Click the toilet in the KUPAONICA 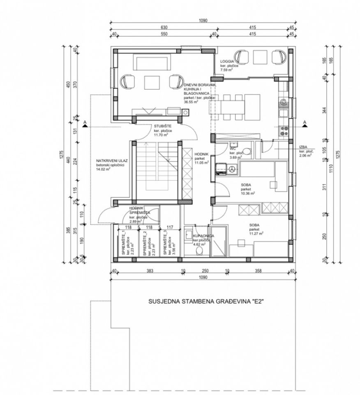click(x=200, y=251)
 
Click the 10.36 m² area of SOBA click(x=248, y=193)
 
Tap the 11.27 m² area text click(x=256, y=233)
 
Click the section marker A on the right click(x=305, y=123)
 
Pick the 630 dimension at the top click(x=163, y=28)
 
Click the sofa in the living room click(x=152, y=64)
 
